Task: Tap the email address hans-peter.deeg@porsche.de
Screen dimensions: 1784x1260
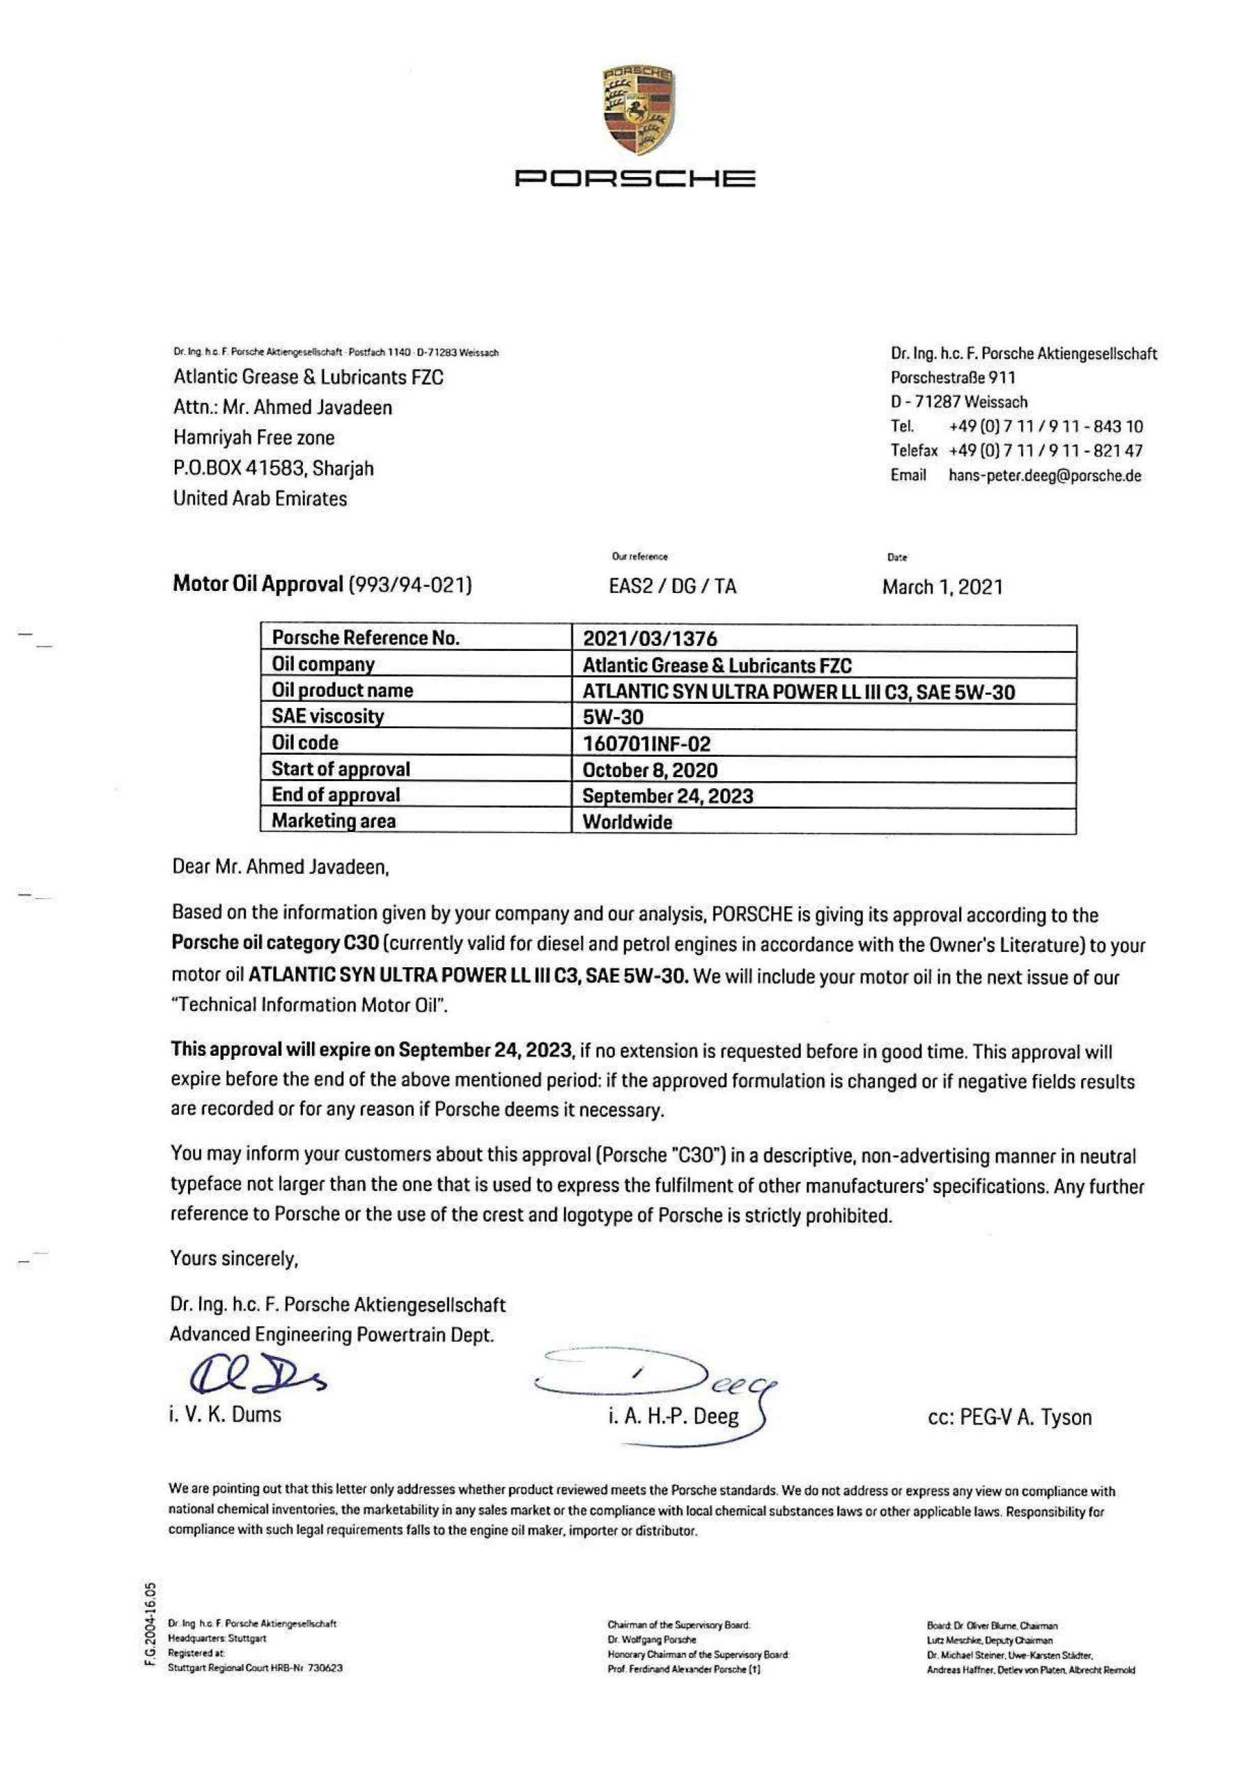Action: point(1045,475)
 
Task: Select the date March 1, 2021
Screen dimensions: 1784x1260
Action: point(942,587)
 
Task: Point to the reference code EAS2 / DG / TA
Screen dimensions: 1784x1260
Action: point(672,586)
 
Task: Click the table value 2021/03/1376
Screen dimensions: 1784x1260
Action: point(649,639)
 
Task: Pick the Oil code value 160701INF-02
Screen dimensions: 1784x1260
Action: point(646,744)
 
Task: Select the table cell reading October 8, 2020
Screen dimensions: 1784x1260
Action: point(649,770)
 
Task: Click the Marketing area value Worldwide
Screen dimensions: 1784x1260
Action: point(627,822)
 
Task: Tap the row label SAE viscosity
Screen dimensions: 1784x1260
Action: point(327,716)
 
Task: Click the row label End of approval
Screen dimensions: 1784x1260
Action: point(336,795)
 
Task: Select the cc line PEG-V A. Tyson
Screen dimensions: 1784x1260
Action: point(1009,1417)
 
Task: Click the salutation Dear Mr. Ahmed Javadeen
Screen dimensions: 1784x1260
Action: point(280,866)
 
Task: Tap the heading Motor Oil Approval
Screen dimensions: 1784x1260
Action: point(257,583)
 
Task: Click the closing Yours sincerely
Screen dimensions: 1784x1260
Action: point(235,1258)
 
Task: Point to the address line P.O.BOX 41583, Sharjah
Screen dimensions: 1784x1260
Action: point(272,468)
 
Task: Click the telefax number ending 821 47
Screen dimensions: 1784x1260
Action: point(1045,451)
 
